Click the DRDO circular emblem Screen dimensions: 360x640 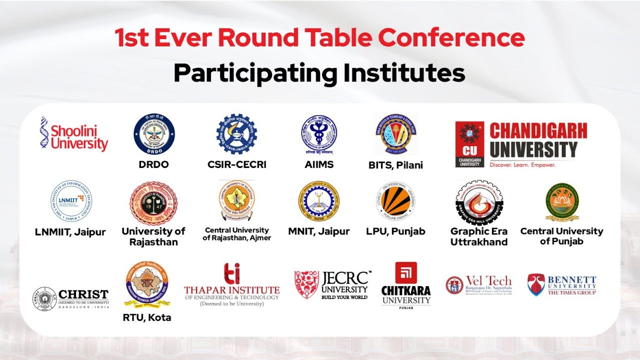(154, 134)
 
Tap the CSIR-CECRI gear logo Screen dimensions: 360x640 (236, 133)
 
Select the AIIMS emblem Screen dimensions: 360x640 (318, 135)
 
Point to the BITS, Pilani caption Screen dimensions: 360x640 (396, 165)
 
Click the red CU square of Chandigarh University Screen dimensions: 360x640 (469, 144)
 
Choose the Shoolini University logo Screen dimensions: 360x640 (74, 134)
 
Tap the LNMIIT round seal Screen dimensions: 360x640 (71, 202)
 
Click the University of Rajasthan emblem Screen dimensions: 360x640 (153, 203)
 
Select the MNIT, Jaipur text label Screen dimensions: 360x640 (318, 231)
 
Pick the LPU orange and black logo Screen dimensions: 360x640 (395, 201)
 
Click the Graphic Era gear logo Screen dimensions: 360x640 (479, 202)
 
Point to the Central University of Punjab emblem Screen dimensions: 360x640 (562, 201)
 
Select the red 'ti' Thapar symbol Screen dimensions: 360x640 (231, 273)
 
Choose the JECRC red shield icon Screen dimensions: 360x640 (306, 284)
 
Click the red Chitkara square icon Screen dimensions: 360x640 (405, 273)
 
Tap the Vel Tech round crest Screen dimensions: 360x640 (454, 285)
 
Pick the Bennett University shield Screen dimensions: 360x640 (536, 284)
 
